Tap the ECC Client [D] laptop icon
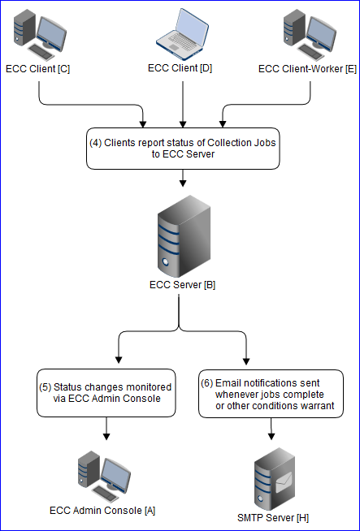pyautogui.click(x=181, y=33)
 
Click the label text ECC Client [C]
pyautogui.click(x=38, y=69)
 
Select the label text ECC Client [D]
pyautogui.click(x=180, y=68)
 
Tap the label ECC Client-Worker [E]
pyautogui.click(x=307, y=69)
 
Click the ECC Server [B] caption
pyautogui.click(x=182, y=286)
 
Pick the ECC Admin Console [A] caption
pyautogui.click(x=102, y=511)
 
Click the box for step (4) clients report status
pyautogui.click(x=182, y=147)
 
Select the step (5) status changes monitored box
pyautogui.click(x=106, y=392)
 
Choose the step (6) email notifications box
pyautogui.click(x=271, y=393)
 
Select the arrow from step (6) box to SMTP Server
pyautogui.click(x=271, y=430)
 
